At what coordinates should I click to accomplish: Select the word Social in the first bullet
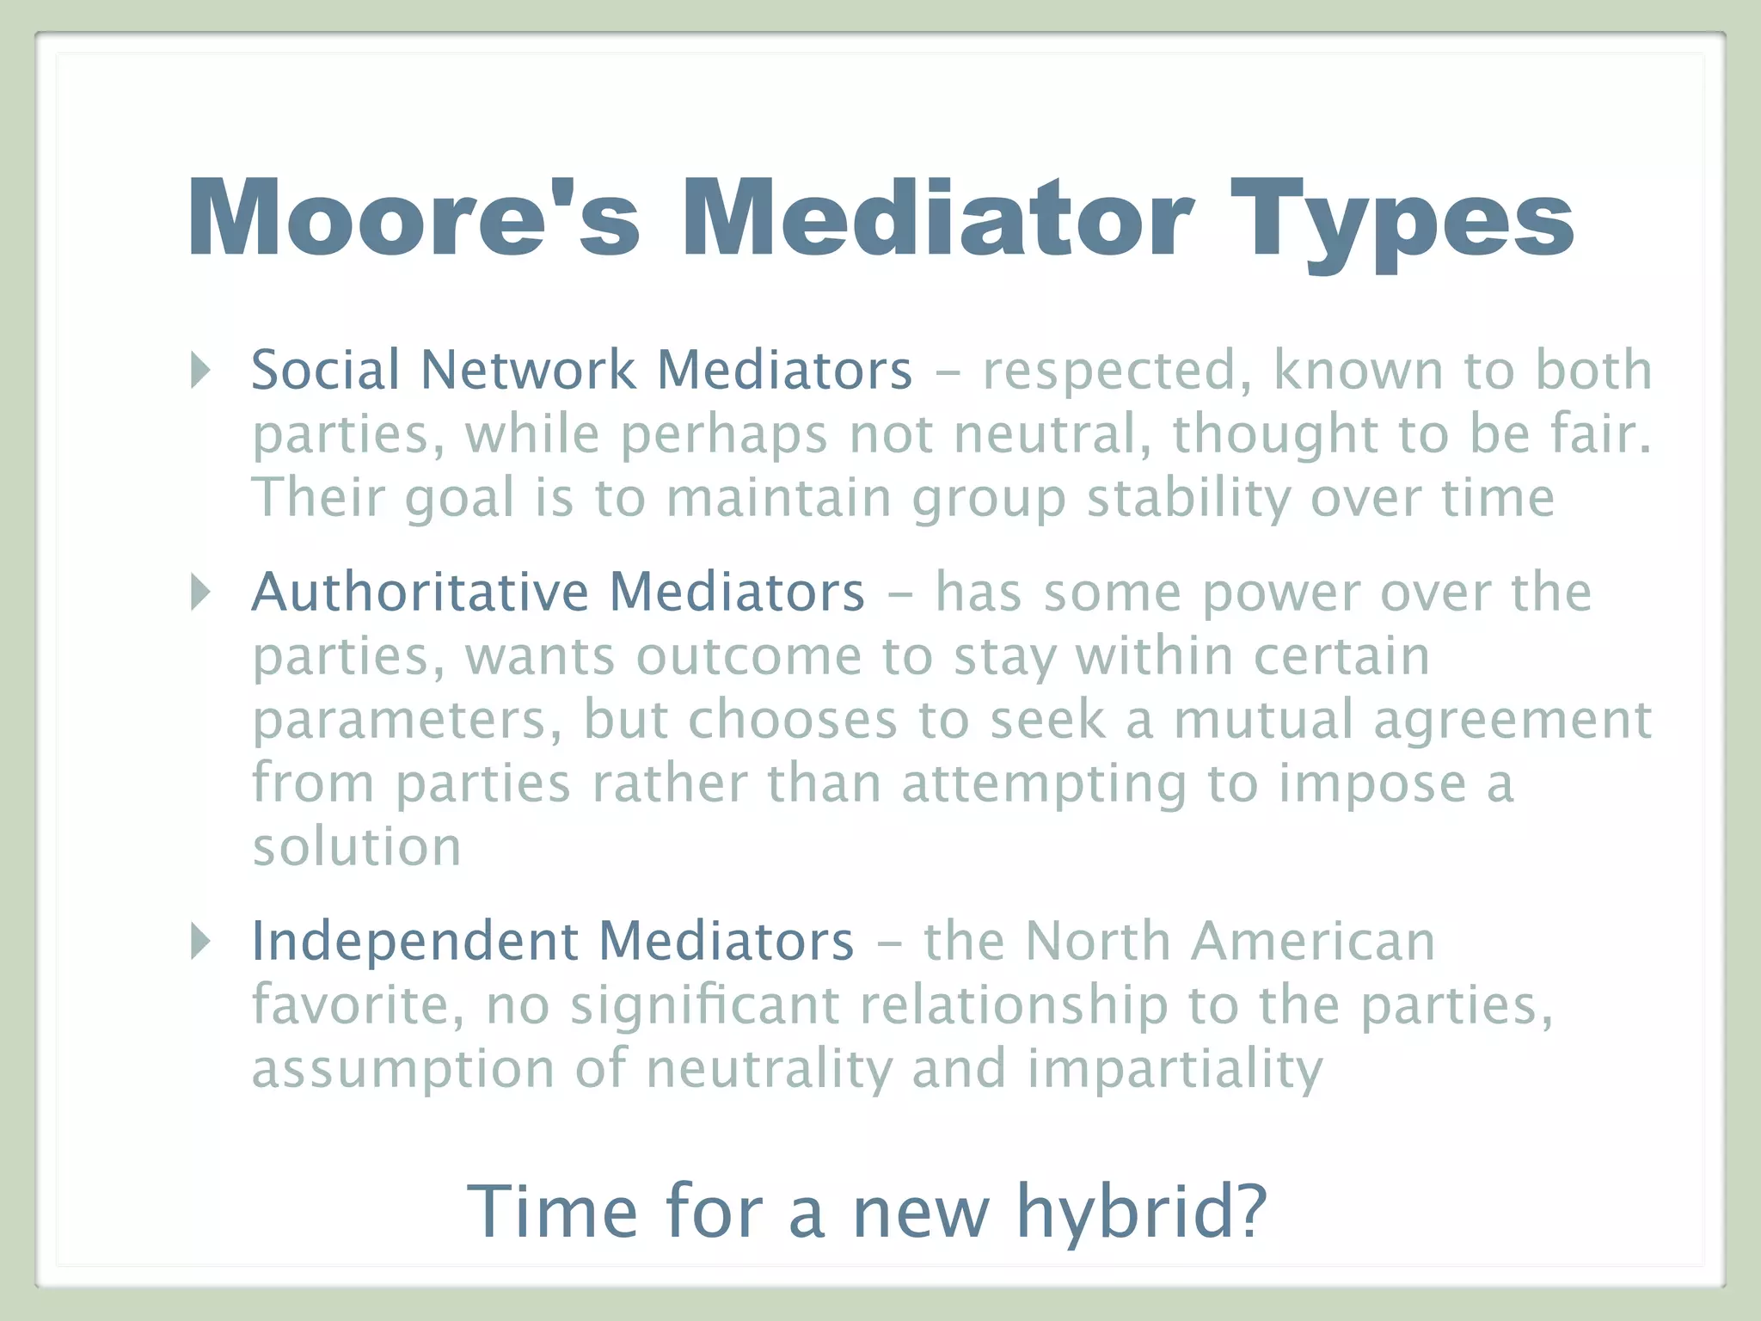tap(326, 371)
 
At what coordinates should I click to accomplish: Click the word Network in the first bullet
tap(528, 371)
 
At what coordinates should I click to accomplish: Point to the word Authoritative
tap(420, 593)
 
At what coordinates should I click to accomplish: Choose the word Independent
tap(414, 941)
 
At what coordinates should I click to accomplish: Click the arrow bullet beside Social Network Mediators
tap(200, 371)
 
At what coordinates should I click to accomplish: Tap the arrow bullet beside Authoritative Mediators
tap(200, 593)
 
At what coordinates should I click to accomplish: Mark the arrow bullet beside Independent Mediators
tap(200, 941)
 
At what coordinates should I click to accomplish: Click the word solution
tap(357, 847)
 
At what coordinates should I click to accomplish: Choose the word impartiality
tap(1175, 1069)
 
